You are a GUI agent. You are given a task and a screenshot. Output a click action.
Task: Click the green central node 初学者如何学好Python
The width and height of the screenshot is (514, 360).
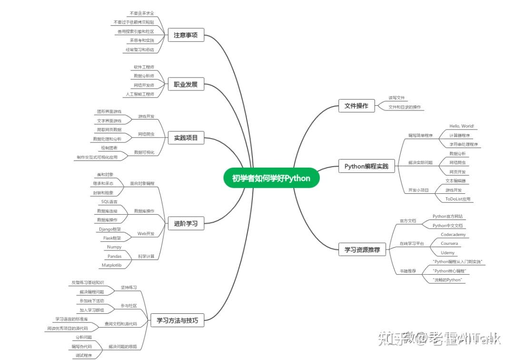[x=271, y=178]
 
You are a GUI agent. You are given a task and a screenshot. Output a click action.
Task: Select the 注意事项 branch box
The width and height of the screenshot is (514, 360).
[x=186, y=35]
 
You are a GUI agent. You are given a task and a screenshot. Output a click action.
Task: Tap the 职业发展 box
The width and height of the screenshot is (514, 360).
[x=186, y=85]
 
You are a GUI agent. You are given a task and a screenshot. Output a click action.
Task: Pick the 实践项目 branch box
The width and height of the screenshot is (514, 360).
[x=186, y=139]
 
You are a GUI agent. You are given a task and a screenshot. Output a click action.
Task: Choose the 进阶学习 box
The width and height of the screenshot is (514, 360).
[x=186, y=223]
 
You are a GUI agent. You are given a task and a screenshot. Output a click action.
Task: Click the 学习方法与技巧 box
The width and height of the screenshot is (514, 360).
[x=178, y=320]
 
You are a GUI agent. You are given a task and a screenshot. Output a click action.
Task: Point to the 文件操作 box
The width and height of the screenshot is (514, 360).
[x=356, y=106]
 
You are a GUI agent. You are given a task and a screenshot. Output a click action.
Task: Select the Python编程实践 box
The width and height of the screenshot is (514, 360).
[x=366, y=166]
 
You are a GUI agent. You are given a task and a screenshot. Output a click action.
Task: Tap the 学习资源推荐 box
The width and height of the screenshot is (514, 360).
[x=362, y=249]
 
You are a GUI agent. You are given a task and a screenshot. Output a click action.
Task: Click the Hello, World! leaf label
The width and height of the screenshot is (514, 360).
[x=462, y=126]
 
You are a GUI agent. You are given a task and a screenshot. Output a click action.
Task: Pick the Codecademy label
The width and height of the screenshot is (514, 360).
[x=453, y=235]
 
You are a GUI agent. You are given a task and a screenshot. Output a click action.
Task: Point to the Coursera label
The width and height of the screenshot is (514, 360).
[x=449, y=243]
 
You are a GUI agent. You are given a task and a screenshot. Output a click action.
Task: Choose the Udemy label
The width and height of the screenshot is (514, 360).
[x=448, y=252]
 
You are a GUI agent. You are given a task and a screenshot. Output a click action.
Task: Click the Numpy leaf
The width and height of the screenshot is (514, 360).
[x=114, y=247]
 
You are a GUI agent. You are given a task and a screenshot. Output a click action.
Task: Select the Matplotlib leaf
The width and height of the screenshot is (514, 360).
[x=111, y=265]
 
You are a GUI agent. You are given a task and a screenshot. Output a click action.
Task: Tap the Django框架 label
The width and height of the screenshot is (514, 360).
[x=110, y=229]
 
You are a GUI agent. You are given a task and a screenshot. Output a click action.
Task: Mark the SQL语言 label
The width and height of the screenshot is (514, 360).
[x=109, y=201]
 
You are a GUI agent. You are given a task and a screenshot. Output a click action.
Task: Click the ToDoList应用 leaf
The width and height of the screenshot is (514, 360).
[x=458, y=199]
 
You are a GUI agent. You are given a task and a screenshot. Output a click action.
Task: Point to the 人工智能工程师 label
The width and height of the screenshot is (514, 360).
[x=140, y=94]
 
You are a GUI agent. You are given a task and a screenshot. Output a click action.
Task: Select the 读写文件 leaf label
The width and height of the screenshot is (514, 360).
[x=396, y=98]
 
